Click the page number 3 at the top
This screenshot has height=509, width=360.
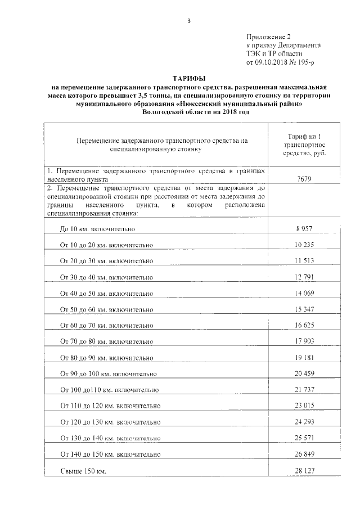point(189,21)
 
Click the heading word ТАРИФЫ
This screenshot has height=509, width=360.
point(188,79)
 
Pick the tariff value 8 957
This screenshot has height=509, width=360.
point(304,229)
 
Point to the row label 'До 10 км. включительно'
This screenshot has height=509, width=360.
point(97,229)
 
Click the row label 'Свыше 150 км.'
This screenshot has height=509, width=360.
point(83,471)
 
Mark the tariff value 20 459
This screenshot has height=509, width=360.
point(304,373)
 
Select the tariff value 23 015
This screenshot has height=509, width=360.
point(304,406)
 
